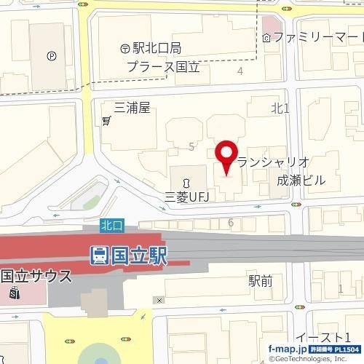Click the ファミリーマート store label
pos(319,36)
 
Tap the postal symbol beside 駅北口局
pos(125,49)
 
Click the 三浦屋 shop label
pos(132,108)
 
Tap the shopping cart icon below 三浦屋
pos(107,119)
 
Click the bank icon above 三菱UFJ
pos(187,180)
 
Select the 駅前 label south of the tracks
pos(260,280)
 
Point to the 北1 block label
pos(280,108)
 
